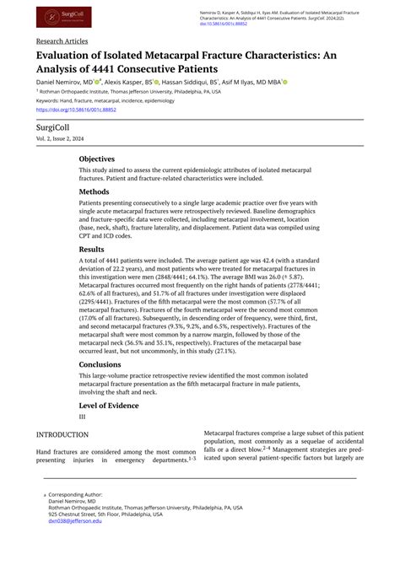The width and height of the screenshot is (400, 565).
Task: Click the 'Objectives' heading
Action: click(x=97, y=159)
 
